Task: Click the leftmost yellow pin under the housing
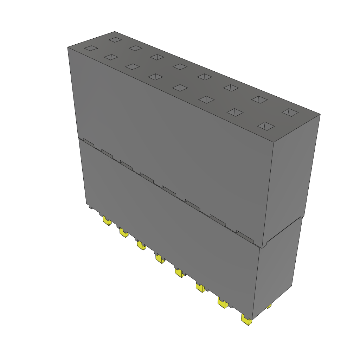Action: pyautogui.click(x=107, y=221)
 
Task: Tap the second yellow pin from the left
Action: pyautogui.click(x=123, y=232)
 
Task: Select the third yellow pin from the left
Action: pyautogui.click(x=141, y=245)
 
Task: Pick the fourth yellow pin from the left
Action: pyautogui.click(x=160, y=259)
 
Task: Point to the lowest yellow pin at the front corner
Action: pyautogui.click(x=246, y=320)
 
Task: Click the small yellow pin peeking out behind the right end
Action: pyautogui.click(x=269, y=306)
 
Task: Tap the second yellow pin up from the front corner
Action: pyautogui.click(x=223, y=303)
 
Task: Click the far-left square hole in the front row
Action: pyautogui.click(x=90, y=48)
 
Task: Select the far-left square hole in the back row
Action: pyautogui.click(x=115, y=40)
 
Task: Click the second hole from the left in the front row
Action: pyautogui.click(x=111, y=57)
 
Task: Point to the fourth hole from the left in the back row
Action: pyautogui.click(x=180, y=66)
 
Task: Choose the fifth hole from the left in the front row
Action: pyautogui.click(x=180, y=88)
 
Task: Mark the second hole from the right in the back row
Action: pyautogui.click(x=260, y=99)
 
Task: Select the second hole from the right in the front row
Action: pyautogui.click(x=235, y=112)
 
